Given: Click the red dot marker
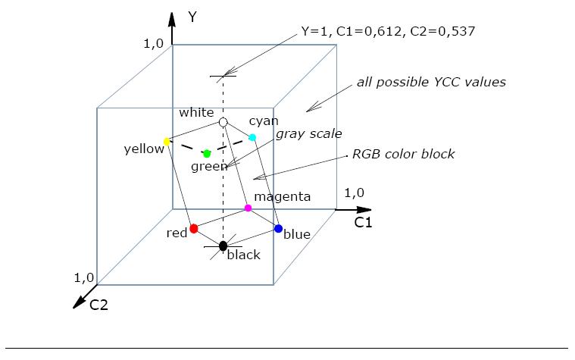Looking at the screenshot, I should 194,228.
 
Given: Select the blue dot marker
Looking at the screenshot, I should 278,228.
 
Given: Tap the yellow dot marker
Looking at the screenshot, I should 167,142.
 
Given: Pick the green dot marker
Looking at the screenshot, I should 207,154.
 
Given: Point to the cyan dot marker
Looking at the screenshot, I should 252,137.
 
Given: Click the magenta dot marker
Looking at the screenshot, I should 248,208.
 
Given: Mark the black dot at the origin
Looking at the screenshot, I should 223,246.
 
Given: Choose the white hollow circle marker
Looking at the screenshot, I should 223,121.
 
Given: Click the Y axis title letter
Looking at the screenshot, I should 192,17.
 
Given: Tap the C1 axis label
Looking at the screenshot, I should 364,223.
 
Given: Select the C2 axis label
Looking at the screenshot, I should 99,305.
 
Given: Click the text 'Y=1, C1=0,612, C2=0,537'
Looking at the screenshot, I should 388,31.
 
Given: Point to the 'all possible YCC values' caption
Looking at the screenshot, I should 431,82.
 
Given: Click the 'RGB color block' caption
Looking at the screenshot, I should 404,154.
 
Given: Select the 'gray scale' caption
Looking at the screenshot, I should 308,133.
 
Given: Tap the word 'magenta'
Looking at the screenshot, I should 282,196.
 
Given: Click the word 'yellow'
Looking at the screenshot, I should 144,149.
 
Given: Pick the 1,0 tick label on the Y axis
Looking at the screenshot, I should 153,43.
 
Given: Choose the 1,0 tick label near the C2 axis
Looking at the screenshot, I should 84,278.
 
